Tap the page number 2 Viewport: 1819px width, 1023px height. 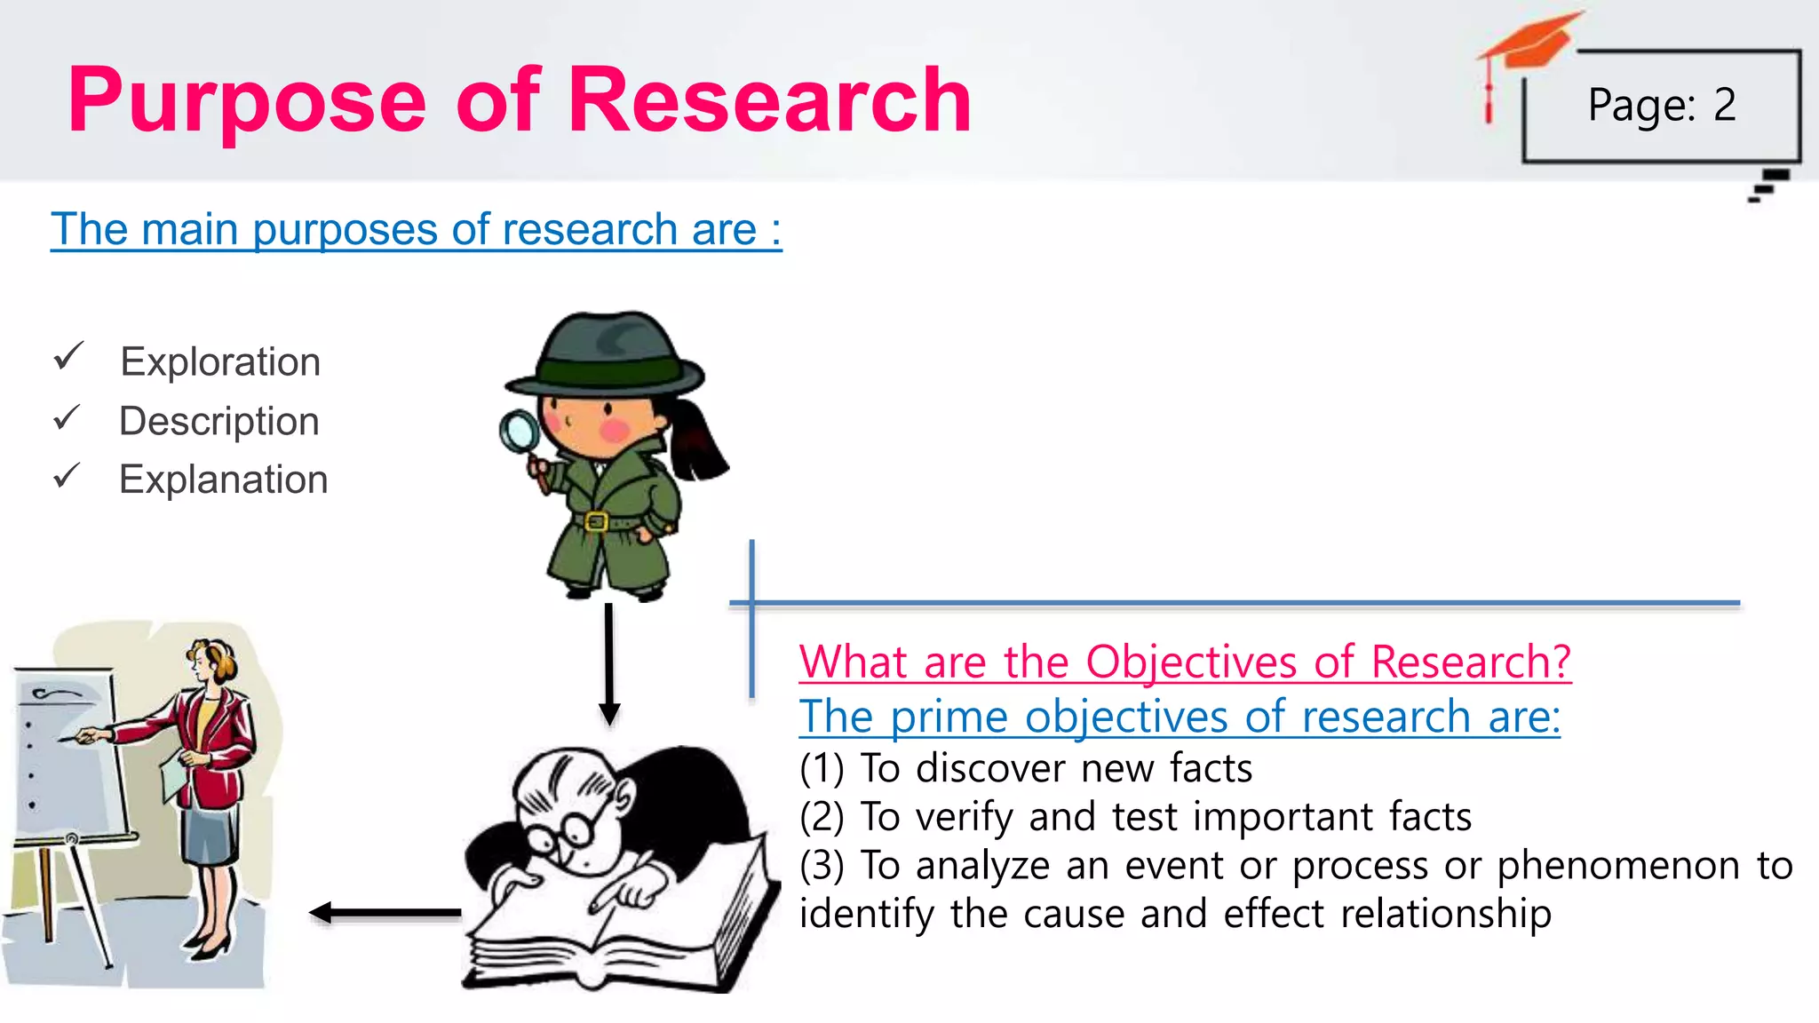click(1724, 105)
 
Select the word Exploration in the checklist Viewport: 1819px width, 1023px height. click(220, 362)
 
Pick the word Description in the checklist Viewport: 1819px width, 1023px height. click(219, 421)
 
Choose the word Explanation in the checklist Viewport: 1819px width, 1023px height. click(224, 480)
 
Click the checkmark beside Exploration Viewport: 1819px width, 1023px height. click(68, 356)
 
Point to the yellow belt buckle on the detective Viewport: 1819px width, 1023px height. click(596, 521)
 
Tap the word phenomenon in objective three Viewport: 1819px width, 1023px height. click(1618, 866)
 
